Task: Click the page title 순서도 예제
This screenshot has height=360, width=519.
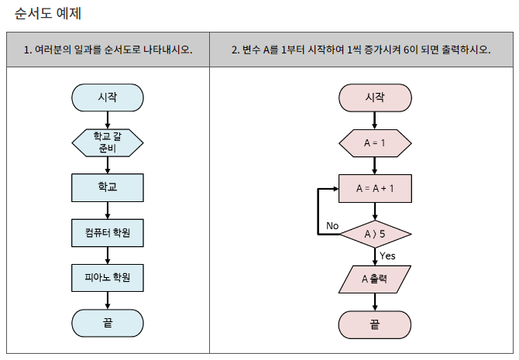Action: (x=48, y=13)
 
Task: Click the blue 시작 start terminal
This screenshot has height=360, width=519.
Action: (x=108, y=98)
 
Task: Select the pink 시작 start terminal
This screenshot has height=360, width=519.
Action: (x=375, y=98)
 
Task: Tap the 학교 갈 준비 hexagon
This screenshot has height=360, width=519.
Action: (x=108, y=142)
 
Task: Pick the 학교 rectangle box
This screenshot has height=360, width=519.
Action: (x=108, y=187)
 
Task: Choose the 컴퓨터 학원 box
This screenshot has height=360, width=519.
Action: (x=108, y=231)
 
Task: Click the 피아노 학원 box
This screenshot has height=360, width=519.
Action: (x=108, y=276)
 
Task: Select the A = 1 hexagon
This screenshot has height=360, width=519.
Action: (x=375, y=143)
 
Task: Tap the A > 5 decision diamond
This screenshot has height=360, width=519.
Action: (x=375, y=233)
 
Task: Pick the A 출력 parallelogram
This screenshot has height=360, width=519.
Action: (x=375, y=279)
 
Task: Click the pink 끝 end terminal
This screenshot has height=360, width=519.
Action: (x=375, y=324)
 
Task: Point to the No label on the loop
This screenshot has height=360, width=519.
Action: (x=332, y=225)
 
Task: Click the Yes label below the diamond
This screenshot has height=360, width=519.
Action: (x=387, y=255)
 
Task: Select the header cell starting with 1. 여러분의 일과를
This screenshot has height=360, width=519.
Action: (x=108, y=50)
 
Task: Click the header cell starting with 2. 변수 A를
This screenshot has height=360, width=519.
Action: (x=361, y=50)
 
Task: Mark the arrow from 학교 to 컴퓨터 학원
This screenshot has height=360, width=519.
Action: (x=108, y=210)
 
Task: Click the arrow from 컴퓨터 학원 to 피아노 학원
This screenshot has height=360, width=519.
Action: (x=108, y=255)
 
